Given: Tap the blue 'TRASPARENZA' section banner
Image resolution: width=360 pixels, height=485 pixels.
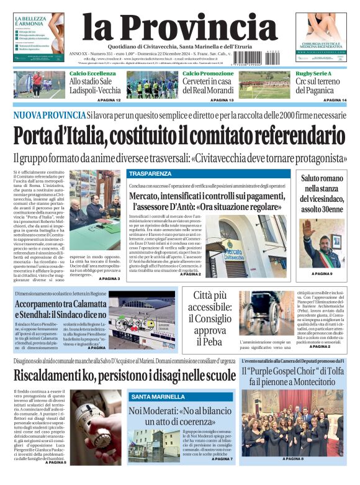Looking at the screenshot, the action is pyautogui.click(x=150, y=174).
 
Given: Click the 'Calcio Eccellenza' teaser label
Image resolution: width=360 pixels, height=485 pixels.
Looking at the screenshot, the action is pyautogui.click(x=92, y=74).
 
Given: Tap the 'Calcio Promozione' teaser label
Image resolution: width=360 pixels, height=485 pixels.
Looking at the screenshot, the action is pyautogui.click(x=208, y=74).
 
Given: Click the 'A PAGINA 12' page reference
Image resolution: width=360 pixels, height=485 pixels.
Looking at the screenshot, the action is pyautogui.click(x=106, y=100).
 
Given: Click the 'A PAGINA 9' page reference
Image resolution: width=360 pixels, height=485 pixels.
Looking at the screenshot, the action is pyautogui.click(x=322, y=274).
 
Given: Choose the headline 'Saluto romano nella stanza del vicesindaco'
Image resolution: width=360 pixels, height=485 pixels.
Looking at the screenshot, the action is pyautogui.click(x=322, y=193).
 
